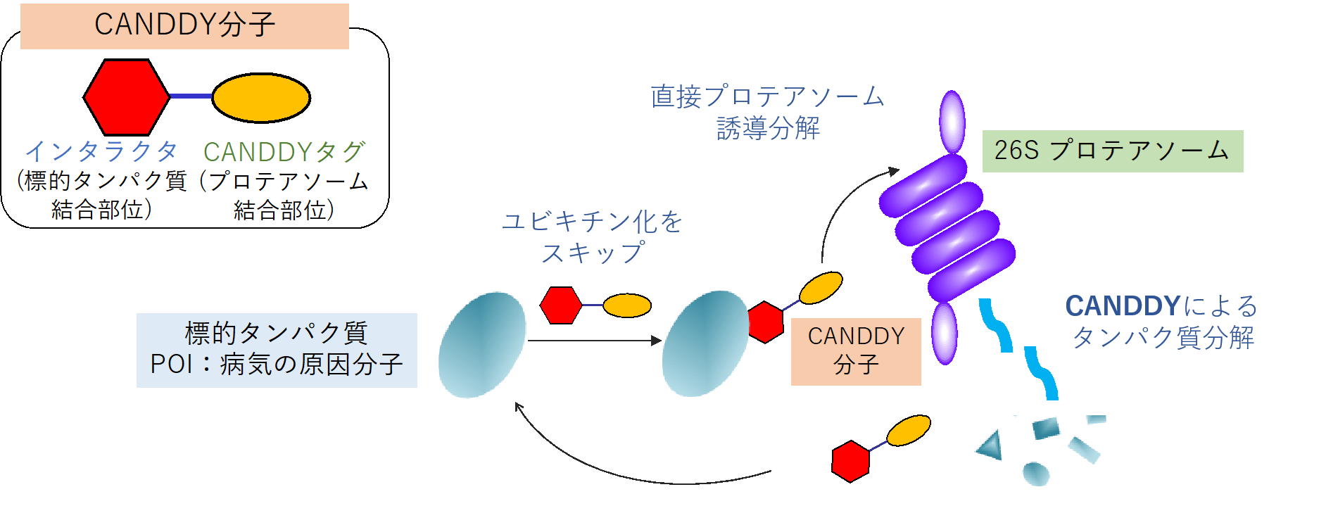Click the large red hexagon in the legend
[126, 97]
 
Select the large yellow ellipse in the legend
[261, 98]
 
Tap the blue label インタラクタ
[101, 151]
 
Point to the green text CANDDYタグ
[284, 151]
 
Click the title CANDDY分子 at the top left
[184, 25]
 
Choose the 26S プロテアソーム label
[1112, 151]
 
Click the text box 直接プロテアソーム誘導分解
[767, 113]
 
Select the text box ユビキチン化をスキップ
[592, 239]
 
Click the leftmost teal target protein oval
[483, 345]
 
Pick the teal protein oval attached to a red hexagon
[706, 343]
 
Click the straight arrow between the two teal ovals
[595, 341]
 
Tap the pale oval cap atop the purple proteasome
[952, 121]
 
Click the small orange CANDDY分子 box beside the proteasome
[856, 351]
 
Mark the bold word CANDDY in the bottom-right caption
[1122, 306]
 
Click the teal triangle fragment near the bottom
[991, 445]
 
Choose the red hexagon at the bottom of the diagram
[850, 462]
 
